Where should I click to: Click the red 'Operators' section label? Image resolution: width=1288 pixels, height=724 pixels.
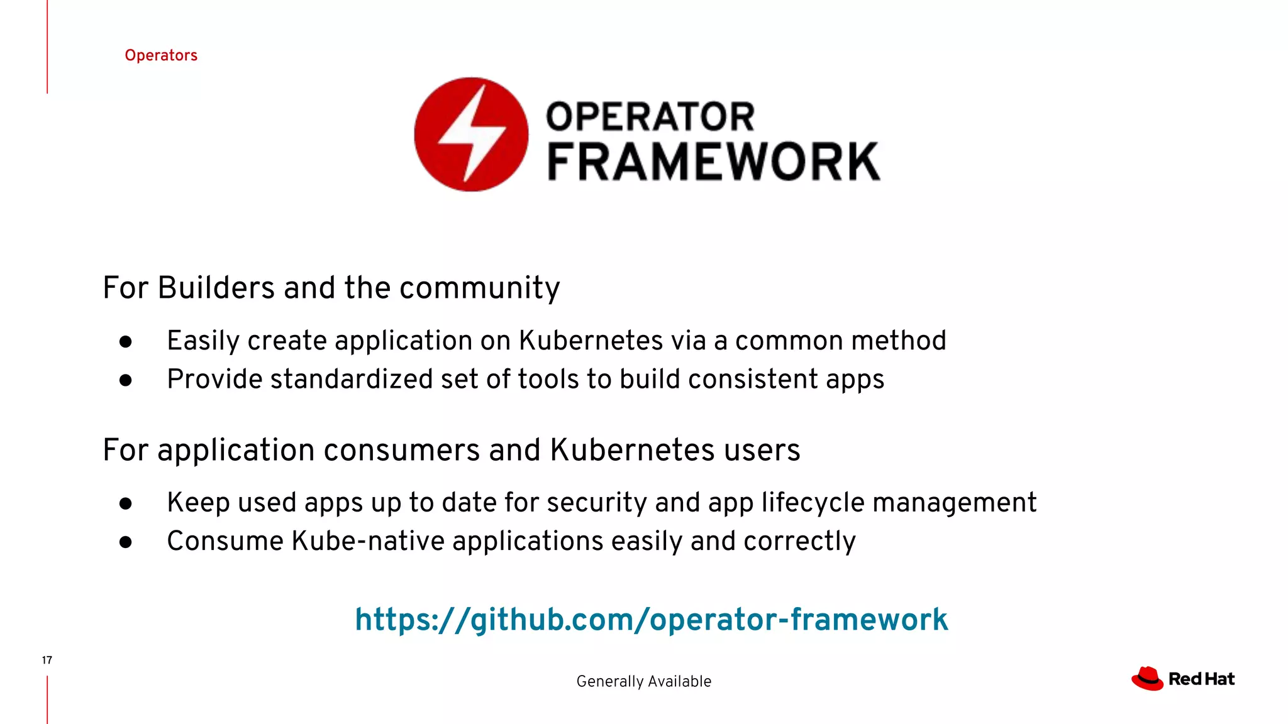click(161, 55)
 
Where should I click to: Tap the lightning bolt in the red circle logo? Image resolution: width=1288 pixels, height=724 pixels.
click(472, 134)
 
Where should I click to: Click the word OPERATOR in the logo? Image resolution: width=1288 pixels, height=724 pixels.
click(650, 117)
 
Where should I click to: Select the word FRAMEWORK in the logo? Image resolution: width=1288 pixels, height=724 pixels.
click(714, 162)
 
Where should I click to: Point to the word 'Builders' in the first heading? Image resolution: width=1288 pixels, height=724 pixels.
click(216, 288)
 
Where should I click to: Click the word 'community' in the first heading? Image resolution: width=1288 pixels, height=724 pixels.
click(479, 288)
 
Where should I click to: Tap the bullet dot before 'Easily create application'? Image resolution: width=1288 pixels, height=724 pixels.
click(126, 341)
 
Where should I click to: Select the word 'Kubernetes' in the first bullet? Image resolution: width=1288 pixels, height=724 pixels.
click(591, 341)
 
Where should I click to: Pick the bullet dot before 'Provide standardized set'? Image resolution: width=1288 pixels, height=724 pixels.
click(126, 380)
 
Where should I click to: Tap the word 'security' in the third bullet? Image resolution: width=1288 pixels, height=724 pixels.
click(596, 503)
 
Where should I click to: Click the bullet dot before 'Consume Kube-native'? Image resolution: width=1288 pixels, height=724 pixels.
click(126, 542)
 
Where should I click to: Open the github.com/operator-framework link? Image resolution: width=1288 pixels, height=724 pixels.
click(651, 620)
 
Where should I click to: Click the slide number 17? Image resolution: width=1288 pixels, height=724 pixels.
click(47, 660)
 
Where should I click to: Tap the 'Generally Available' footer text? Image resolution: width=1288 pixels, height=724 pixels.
click(643, 681)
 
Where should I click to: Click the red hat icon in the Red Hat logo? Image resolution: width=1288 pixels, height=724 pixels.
click(1147, 679)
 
